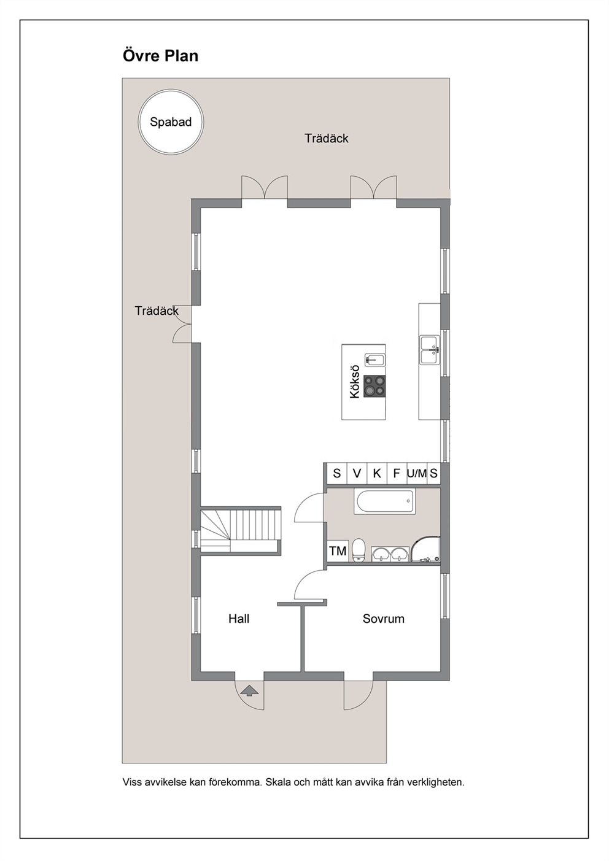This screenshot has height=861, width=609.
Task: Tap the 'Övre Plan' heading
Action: [160, 56]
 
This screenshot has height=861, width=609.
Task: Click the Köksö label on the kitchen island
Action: [354, 381]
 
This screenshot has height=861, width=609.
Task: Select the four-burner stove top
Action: [374, 386]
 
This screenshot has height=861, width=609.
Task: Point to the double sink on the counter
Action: [430, 350]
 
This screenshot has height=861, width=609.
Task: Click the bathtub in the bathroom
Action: [386, 501]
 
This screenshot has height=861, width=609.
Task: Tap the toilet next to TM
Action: [359, 550]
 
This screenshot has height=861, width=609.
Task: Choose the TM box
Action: [338, 551]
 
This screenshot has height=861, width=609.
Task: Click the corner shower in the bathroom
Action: [425, 548]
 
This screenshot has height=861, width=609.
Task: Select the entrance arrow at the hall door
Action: [249, 691]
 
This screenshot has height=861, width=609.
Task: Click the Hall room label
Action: [239, 619]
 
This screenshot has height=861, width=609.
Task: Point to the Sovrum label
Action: [383, 619]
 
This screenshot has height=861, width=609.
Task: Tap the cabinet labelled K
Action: [377, 474]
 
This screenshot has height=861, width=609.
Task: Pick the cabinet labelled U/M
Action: [417, 474]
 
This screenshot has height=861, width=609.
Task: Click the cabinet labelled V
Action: [357, 474]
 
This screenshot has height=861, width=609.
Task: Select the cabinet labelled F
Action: [397, 474]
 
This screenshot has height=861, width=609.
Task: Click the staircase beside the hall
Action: [240, 530]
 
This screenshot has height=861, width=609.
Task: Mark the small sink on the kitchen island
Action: [375, 360]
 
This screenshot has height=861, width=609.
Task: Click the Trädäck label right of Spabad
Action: [327, 138]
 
